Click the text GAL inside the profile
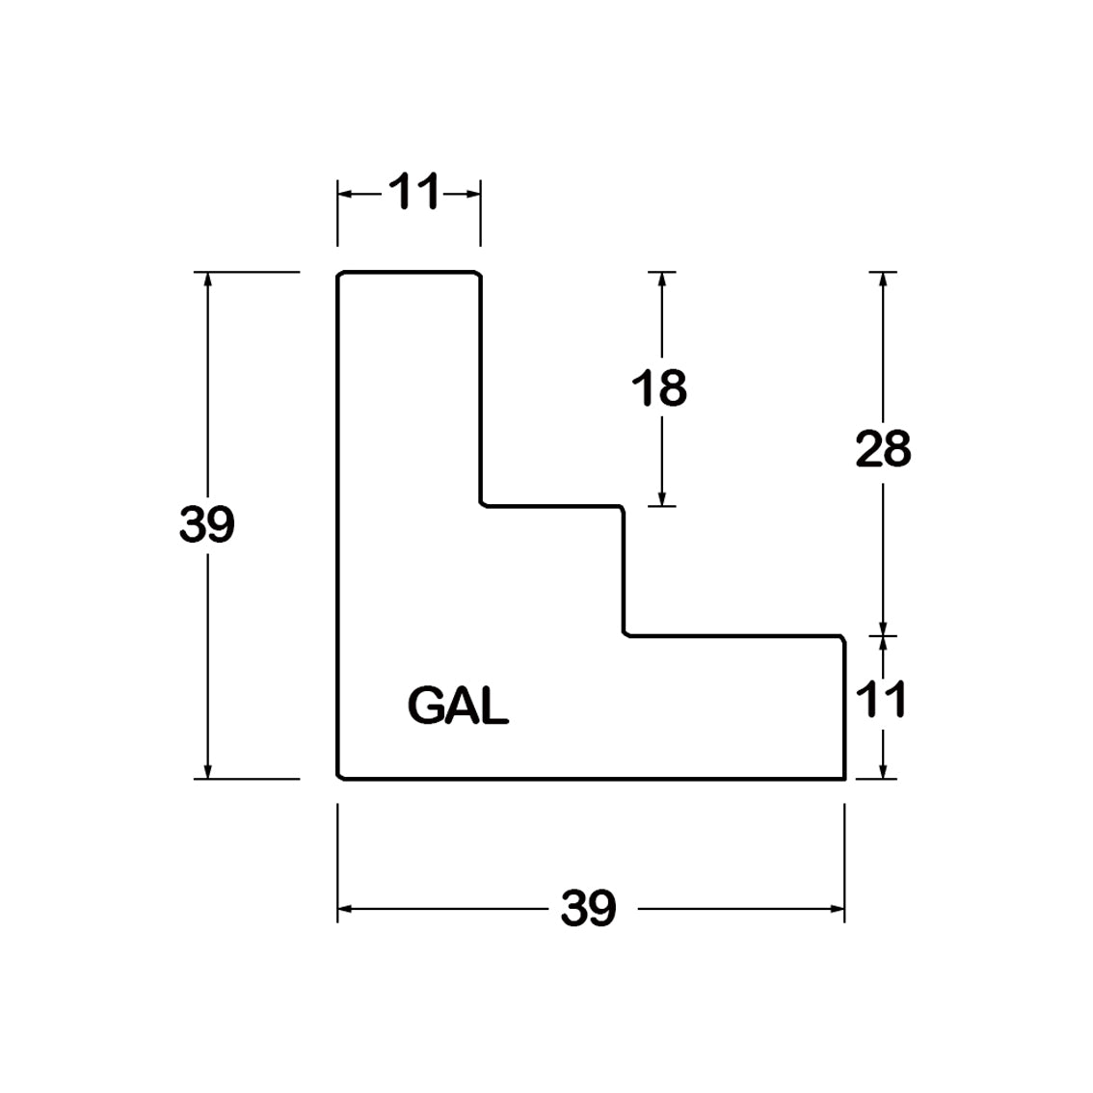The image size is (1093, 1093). (x=458, y=705)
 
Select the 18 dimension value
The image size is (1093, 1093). (x=658, y=388)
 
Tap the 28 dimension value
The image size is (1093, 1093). (x=883, y=449)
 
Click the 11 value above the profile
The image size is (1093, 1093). (x=414, y=191)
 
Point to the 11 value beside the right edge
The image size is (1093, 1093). (x=880, y=699)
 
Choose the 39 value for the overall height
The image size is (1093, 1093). (x=207, y=524)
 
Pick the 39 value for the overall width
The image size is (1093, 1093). (x=588, y=908)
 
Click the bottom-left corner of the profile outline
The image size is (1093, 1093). (x=338, y=778)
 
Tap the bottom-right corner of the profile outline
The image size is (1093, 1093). (x=845, y=779)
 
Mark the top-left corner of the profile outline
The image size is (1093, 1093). (x=338, y=273)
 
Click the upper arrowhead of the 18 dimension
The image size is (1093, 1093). (x=661, y=279)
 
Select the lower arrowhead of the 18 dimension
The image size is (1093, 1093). (x=661, y=498)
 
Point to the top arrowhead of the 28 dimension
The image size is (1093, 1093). (x=883, y=279)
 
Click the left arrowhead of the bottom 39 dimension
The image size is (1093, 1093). (x=345, y=908)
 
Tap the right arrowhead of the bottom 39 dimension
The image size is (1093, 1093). (x=838, y=908)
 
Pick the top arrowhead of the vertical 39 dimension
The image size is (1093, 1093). (x=207, y=279)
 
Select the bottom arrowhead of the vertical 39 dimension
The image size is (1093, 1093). (x=207, y=771)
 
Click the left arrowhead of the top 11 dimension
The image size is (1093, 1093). (x=345, y=193)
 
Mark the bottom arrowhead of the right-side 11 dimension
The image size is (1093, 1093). (x=883, y=771)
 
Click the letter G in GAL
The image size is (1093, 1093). (x=425, y=705)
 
